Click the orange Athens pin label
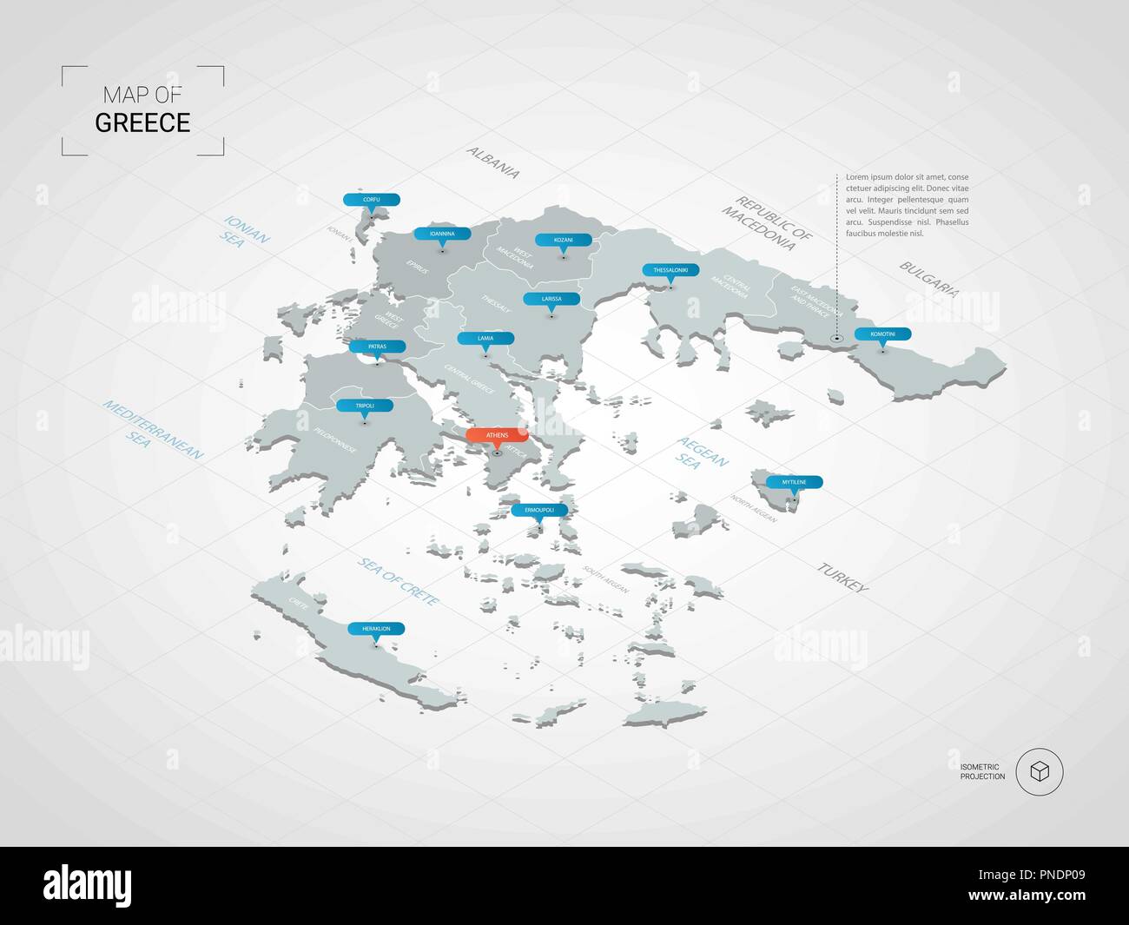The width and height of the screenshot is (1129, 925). point(497,435)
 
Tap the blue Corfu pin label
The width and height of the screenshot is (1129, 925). point(372,200)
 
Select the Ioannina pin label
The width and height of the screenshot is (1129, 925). point(442,234)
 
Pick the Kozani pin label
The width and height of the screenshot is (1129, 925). point(564,240)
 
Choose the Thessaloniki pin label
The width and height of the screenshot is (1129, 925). point(670,270)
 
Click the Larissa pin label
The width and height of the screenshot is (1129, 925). point(551,299)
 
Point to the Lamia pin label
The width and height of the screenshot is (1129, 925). point(485,338)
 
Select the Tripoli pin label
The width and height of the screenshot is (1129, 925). point(365,406)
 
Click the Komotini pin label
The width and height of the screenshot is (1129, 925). point(882,334)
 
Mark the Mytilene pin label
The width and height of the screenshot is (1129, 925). point(794,482)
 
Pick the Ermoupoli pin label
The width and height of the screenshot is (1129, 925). point(539,510)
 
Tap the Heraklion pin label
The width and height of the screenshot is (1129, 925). point(376,628)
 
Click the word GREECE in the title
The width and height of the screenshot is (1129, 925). point(142,122)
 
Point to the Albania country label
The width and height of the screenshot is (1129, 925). point(493,162)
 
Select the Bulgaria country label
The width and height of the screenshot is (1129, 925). point(928,279)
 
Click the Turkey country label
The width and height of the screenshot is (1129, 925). point(842,577)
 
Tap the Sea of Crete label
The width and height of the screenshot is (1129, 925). point(399,581)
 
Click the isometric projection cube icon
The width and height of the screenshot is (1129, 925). point(1039,771)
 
